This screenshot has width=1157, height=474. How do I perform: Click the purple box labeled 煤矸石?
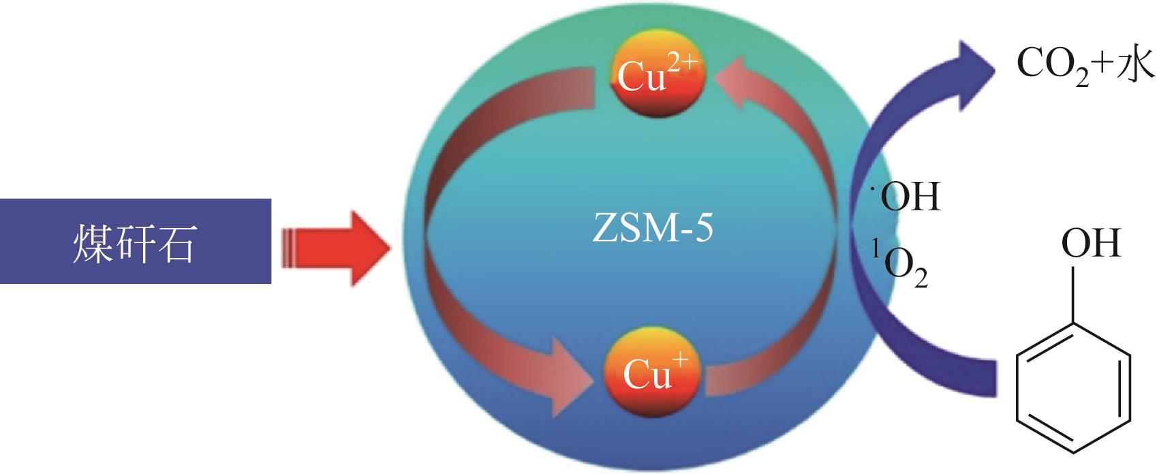135,241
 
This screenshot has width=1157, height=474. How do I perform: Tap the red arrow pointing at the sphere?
341,247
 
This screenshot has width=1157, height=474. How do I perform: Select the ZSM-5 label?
653,230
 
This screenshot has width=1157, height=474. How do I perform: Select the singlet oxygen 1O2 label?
899,268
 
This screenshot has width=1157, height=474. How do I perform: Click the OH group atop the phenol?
1090,243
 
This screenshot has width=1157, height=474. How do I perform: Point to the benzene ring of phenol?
1075,393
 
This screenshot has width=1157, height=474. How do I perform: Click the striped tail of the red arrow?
289,247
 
